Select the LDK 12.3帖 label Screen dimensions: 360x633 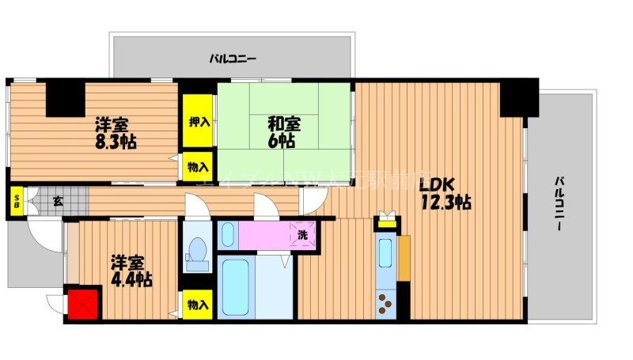(x=445, y=194)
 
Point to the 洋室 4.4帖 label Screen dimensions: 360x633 (x=130, y=270)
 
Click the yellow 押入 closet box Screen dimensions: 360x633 (x=199, y=122)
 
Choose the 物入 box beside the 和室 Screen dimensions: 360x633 (x=199, y=167)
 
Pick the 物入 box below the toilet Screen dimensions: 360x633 (x=199, y=305)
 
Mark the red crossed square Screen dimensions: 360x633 (x=83, y=305)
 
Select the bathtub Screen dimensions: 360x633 (x=235, y=286)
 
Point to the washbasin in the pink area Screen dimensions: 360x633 (x=227, y=234)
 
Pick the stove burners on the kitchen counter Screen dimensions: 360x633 (x=385, y=302)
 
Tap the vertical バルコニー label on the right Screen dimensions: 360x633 (x=559, y=203)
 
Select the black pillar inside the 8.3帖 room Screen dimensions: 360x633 (x=66, y=98)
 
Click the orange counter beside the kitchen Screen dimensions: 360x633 (x=404, y=258)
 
